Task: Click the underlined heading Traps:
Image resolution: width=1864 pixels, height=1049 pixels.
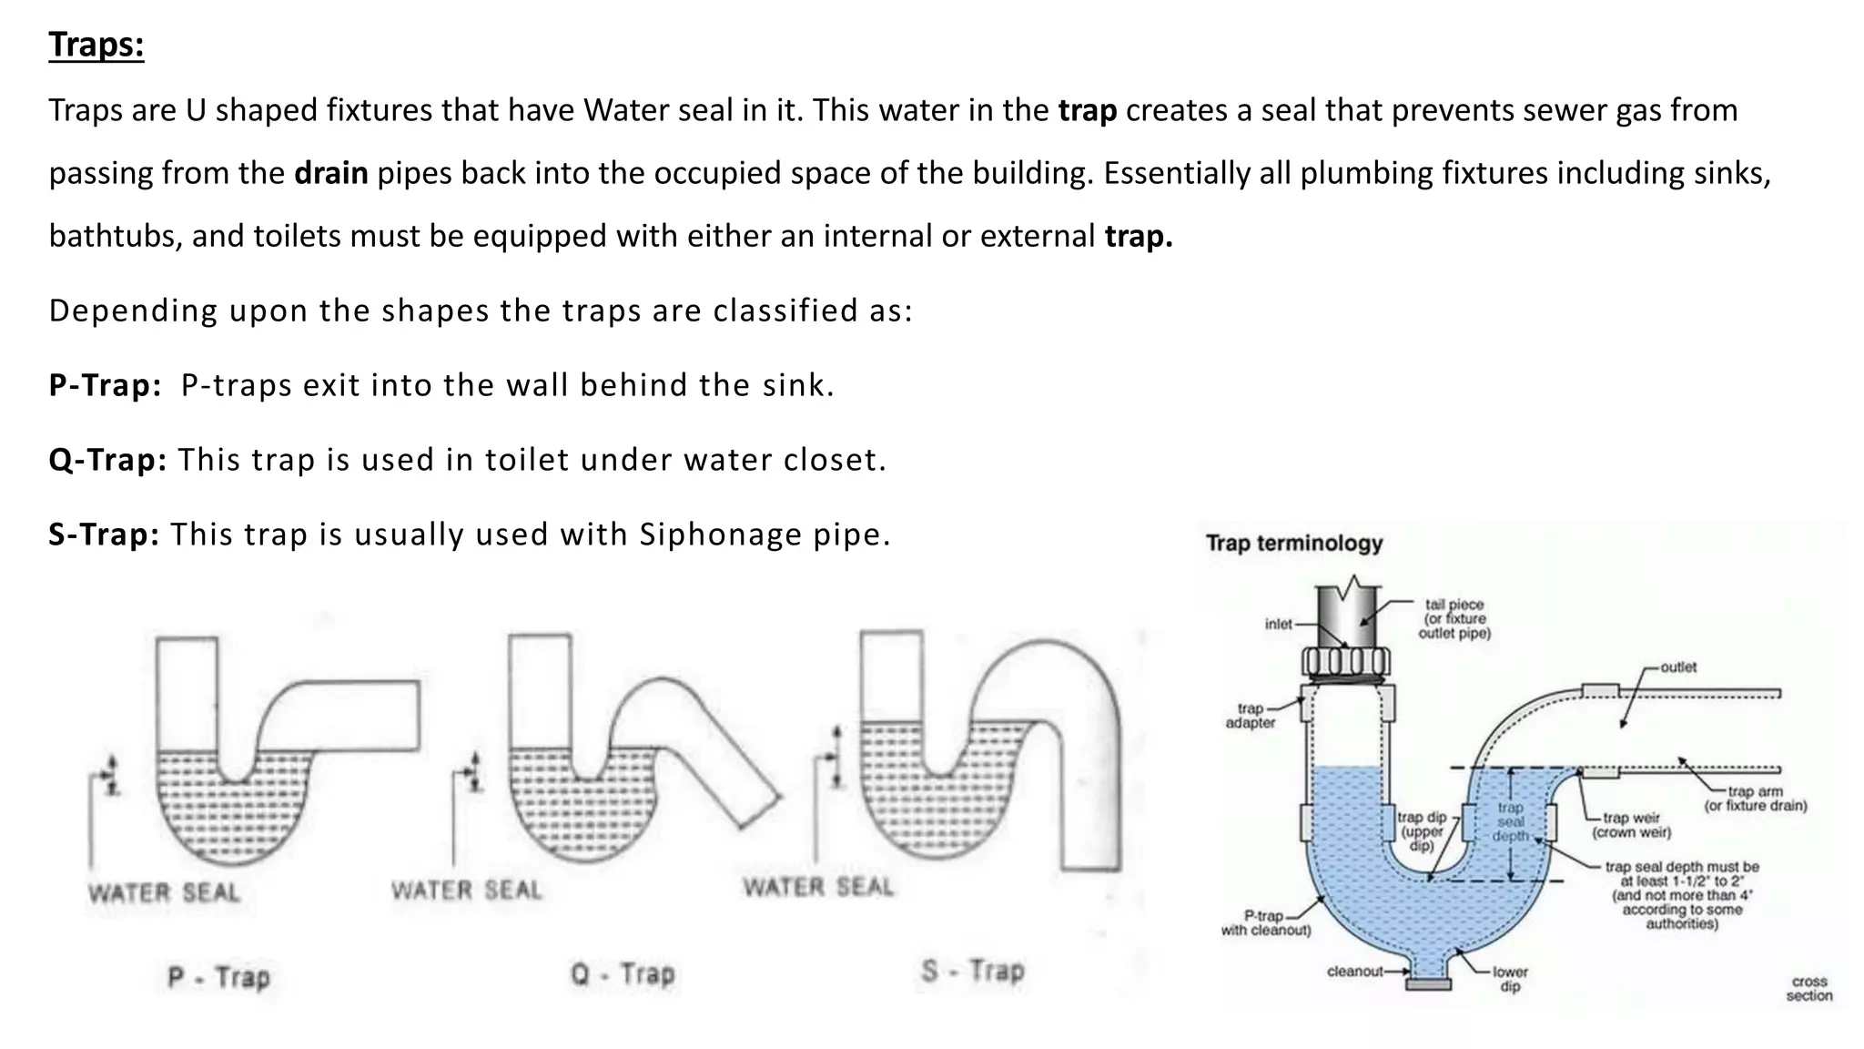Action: [x=96, y=44]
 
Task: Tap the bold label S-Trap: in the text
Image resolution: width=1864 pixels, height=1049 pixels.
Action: [x=104, y=535]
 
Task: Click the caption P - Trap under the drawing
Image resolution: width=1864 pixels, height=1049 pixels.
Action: [x=219, y=977]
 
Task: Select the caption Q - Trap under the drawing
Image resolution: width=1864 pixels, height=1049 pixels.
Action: [x=623, y=973]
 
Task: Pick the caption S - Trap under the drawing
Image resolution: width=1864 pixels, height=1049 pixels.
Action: [x=972, y=970]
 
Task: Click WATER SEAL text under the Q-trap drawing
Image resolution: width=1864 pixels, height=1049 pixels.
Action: [x=466, y=890]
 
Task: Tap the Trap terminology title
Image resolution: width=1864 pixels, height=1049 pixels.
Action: [x=1293, y=544]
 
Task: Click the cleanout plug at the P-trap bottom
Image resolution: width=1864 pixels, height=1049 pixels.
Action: [x=1428, y=984]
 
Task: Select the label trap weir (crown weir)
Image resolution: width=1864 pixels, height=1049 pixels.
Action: [x=1631, y=825]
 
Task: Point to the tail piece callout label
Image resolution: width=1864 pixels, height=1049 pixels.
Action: [x=1454, y=618]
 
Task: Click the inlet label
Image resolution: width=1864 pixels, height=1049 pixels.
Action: [x=1278, y=624]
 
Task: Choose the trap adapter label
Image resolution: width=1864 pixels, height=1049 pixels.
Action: [x=1250, y=716]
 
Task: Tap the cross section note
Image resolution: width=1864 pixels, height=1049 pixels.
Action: [x=1808, y=988]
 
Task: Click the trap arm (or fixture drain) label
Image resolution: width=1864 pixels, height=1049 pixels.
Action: [x=1755, y=799]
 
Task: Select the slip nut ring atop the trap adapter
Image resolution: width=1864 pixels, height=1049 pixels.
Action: [x=1347, y=662]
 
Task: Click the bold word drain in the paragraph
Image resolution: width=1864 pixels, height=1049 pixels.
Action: [x=330, y=173]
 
